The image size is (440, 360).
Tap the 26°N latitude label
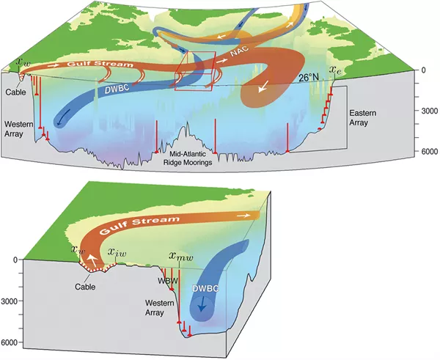point(309,78)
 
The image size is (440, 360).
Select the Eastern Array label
point(362,118)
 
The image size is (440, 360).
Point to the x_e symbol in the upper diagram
point(335,70)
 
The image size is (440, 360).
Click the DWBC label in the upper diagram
point(117,89)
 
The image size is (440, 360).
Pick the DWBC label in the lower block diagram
point(205,288)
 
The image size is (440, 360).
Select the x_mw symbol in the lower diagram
point(181,256)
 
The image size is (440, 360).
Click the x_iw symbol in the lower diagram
point(117,252)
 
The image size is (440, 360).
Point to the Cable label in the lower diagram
point(85,287)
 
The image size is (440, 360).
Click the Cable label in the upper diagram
point(15,92)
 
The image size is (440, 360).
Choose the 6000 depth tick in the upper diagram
point(430,151)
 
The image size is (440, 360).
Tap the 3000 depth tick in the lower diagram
point(10,301)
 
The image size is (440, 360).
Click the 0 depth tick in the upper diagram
point(423,70)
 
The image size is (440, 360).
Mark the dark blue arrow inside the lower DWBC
point(202,304)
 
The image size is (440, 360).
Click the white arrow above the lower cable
point(92,261)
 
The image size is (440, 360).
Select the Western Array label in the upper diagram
point(18,128)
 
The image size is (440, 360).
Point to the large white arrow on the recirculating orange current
point(263,87)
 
